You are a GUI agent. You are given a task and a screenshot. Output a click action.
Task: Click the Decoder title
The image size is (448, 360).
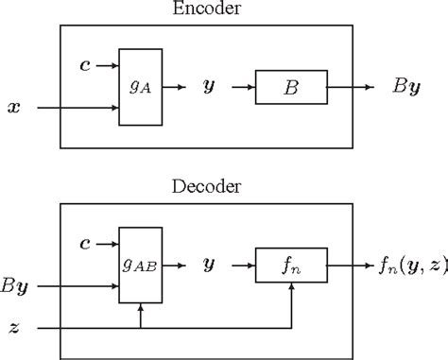(206, 186)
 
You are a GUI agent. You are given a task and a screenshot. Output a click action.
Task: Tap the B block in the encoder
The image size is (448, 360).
(290, 87)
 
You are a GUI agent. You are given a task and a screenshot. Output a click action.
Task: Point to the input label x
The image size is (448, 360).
(13, 109)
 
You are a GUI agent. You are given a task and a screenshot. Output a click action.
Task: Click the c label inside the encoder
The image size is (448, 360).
(86, 66)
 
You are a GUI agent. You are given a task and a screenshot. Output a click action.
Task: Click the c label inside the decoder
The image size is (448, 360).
(86, 243)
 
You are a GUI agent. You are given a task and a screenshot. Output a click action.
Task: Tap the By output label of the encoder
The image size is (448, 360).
(409, 88)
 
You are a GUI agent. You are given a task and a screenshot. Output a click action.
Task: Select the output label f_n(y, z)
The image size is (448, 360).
(405, 265)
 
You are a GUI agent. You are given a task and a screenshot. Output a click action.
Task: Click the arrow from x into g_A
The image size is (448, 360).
(76, 109)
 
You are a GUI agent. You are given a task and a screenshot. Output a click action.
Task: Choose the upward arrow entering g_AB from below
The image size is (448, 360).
(141, 313)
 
